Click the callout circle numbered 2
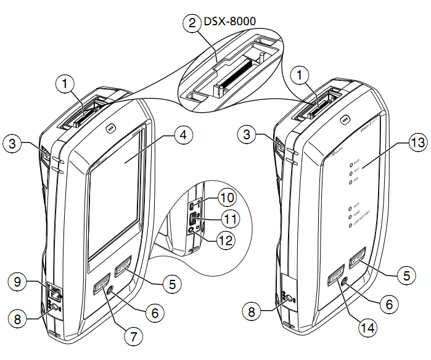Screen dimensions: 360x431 192,23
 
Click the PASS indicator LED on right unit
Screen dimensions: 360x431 351,165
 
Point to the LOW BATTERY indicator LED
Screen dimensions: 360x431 350,226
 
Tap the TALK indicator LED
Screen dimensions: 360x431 350,209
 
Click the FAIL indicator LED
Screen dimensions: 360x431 350,182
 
